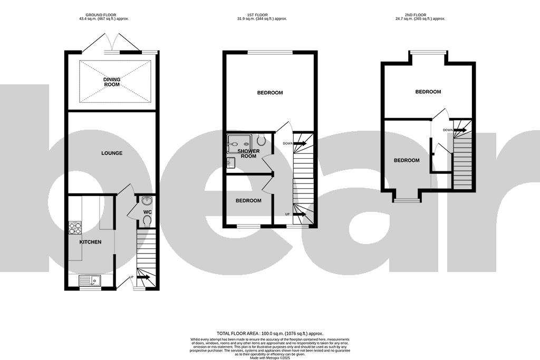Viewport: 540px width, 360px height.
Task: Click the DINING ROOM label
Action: point(112,82)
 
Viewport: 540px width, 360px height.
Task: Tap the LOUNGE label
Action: point(112,153)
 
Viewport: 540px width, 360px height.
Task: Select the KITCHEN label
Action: point(90,242)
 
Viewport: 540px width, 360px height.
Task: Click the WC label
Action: point(147,212)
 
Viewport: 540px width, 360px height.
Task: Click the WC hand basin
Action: point(147,200)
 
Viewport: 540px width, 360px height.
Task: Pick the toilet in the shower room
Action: point(262,140)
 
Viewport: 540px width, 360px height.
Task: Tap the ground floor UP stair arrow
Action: point(143,277)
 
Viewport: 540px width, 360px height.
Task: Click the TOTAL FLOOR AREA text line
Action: point(270,334)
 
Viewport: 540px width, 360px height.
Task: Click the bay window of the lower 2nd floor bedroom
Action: point(406,200)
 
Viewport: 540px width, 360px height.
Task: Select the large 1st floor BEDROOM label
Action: point(270,93)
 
